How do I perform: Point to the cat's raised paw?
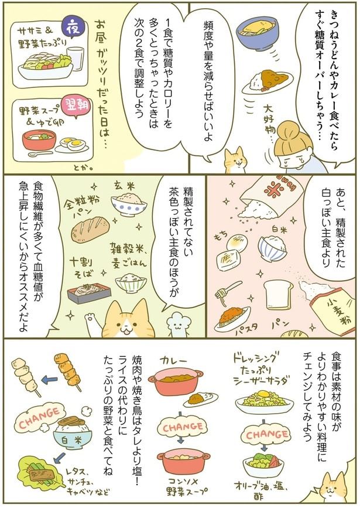pyautogui.click(x=91, y=321)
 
